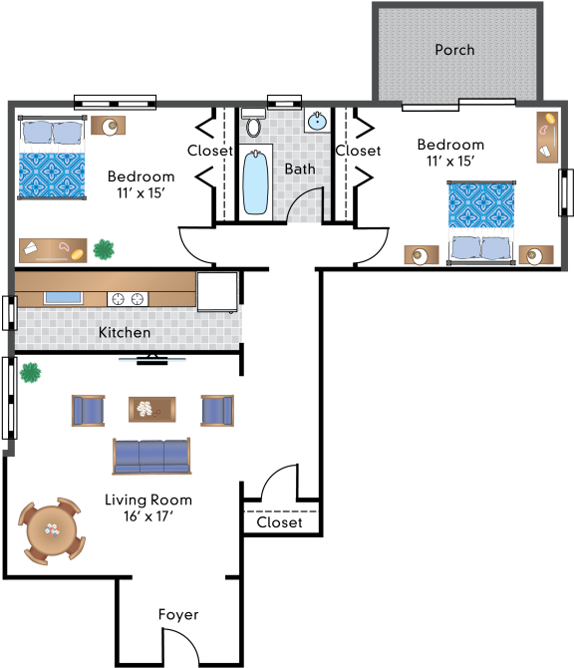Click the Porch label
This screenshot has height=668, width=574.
click(454, 50)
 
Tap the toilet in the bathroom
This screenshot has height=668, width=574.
click(253, 123)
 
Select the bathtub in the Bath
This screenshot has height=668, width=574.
click(255, 182)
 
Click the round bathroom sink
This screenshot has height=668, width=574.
click(317, 121)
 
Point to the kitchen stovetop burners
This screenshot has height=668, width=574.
click(128, 299)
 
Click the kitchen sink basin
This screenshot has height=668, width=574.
click(63, 298)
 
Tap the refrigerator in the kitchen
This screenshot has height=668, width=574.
click(216, 292)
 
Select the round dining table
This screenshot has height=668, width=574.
click(52, 530)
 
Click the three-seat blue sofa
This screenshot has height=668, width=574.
click(151, 457)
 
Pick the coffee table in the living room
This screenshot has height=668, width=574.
click(152, 410)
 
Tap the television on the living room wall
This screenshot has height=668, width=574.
click(152, 360)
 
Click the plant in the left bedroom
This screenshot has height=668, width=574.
click(104, 249)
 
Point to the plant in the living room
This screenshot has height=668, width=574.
click(30, 373)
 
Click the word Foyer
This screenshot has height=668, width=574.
click(178, 615)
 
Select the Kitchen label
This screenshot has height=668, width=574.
click(125, 332)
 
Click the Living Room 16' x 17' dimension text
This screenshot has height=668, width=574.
click(148, 516)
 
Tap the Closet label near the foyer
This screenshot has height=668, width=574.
click(279, 522)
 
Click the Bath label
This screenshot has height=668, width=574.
click(300, 169)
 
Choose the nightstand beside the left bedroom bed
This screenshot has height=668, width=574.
click(109, 126)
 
